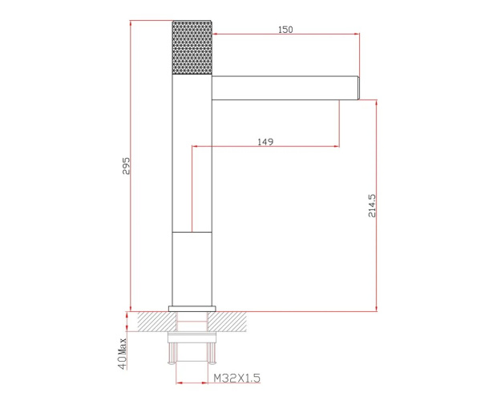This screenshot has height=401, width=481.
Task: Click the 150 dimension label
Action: point(285,30)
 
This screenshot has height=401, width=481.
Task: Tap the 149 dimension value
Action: point(265,142)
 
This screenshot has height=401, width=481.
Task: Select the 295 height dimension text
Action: point(126,166)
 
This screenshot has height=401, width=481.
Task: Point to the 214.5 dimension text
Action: point(372,205)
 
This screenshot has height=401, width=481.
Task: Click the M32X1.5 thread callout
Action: point(236,378)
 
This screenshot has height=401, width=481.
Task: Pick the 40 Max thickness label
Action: point(123,354)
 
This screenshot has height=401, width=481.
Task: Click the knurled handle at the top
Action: point(192,47)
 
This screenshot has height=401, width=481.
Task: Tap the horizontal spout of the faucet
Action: point(285,88)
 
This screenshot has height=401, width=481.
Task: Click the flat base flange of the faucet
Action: point(192,309)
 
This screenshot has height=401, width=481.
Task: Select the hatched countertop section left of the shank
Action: point(156,322)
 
